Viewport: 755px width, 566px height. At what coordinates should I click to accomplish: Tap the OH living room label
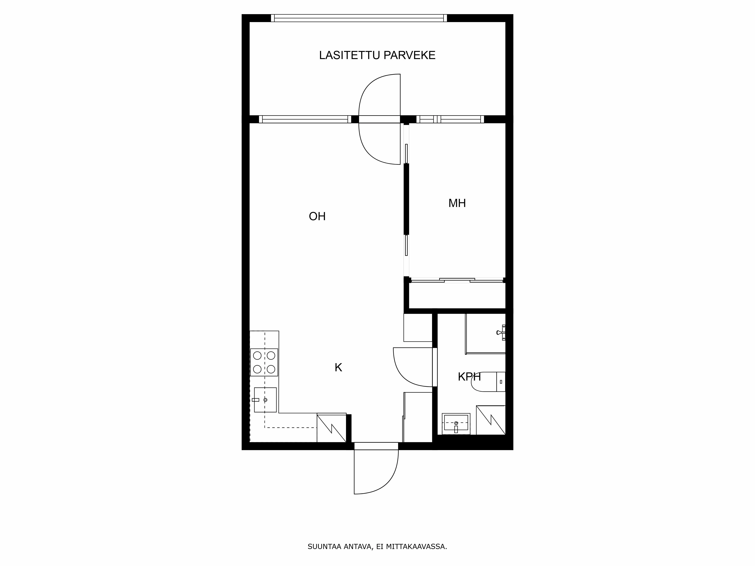(317, 216)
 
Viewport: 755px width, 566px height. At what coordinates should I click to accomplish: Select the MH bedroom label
(457, 203)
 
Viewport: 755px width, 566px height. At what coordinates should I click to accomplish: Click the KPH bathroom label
(469, 377)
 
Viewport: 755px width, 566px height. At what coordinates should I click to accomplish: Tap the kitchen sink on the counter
(265, 400)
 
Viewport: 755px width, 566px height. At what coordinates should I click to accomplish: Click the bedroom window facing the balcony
(450, 119)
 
